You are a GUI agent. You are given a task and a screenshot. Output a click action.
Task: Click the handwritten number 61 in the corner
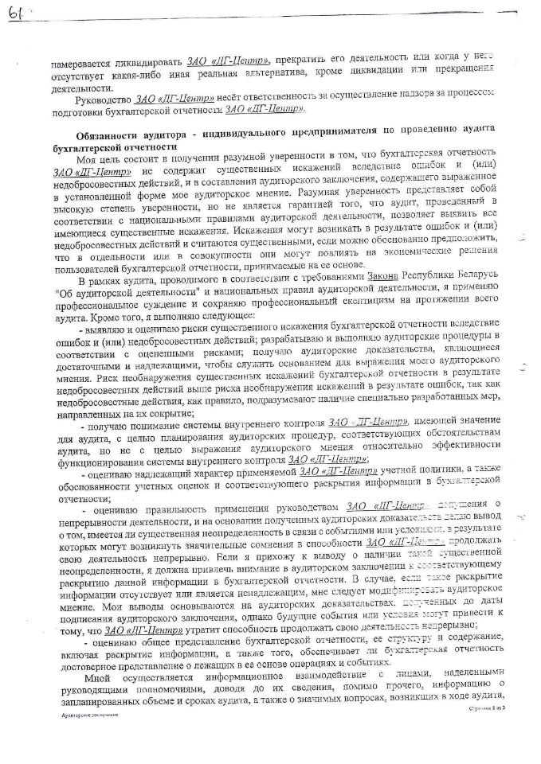coord(14,15)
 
